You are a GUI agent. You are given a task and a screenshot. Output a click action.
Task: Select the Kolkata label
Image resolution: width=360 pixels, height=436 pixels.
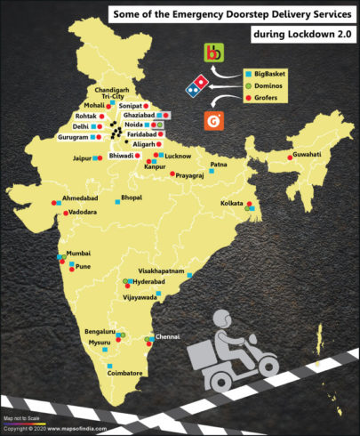point(232,204)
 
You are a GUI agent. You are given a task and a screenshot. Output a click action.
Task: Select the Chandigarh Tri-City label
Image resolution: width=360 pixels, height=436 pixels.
point(118,93)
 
